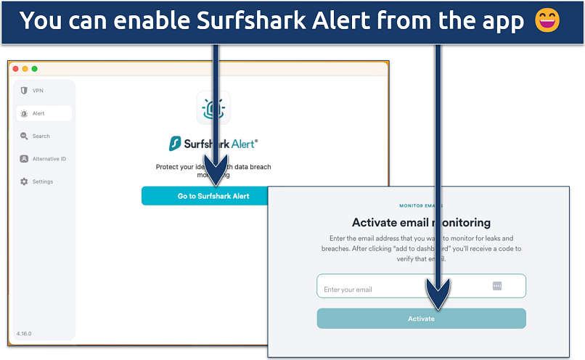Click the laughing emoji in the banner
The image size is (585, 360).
pos(547,21)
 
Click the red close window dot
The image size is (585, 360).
pos(15,69)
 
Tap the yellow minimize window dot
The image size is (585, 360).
pos(25,69)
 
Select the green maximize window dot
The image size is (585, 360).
pos(34,69)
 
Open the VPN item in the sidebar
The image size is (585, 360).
pos(38,91)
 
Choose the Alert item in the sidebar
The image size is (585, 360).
pos(38,113)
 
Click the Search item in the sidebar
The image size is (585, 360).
pos(41,136)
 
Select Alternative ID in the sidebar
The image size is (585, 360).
pos(49,159)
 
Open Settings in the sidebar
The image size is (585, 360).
pos(42,181)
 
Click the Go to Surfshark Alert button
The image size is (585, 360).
pos(213,196)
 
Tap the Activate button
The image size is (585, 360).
pos(421,319)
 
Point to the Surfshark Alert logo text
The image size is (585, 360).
pos(213,144)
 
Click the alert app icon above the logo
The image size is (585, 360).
pos(213,107)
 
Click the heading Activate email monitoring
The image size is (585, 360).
pos(421,223)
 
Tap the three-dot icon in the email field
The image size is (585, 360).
pos(497,286)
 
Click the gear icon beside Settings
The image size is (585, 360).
pos(25,181)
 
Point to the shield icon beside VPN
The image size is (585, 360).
pos(25,91)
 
